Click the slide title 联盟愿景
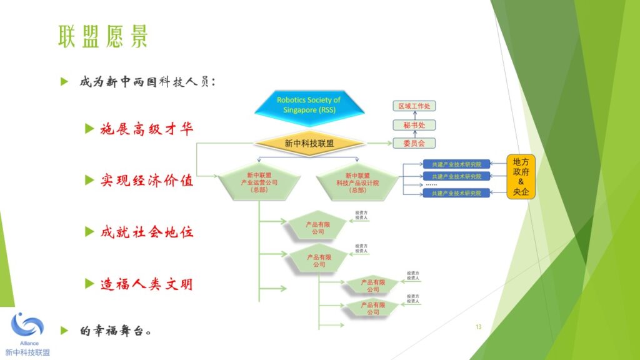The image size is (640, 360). click(x=104, y=37)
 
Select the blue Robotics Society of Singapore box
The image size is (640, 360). click(x=309, y=104)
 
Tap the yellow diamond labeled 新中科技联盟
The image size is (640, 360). click(x=309, y=143)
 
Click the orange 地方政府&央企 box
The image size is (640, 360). click(x=521, y=177)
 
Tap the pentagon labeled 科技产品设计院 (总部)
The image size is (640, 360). click(x=357, y=182)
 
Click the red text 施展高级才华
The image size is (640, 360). click(x=147, y=129)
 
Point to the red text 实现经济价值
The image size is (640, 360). click(x=147, y=181)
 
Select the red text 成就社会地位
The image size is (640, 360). click(x=147, y=232)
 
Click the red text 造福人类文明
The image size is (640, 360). click(x=147, y=284)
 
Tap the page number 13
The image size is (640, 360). click(x=479, y=327)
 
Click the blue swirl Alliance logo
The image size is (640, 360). click(x=27, y=325)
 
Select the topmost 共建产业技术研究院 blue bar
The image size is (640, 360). click(x=456, y=164)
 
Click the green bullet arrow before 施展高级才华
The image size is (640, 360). click(x=90, y=129)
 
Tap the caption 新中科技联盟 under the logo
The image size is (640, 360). click(x=27, y=352)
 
